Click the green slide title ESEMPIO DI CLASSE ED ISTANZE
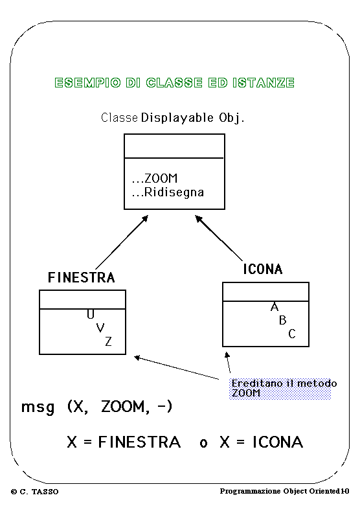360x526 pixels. tap(174, 82)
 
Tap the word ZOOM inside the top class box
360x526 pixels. tap(161, 178)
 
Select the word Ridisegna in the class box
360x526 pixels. tap(174, 192)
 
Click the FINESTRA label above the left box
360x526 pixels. tap(82, 277)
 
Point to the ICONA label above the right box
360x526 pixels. tap(263, 269)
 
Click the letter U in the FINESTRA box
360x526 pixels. tap(91, 314)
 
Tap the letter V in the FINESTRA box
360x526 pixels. tap(100, 327)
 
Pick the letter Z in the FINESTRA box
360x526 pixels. tap(108, 341)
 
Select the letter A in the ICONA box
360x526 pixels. tap(275, 306)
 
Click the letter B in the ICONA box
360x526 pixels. tap(282, 321)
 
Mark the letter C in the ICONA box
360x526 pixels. tap(292, 334)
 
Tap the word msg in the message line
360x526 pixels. tap(38, 407)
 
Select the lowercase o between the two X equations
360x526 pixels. tap(203, 443)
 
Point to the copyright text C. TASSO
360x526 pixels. tap(39, 492)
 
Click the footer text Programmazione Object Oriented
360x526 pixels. tap(280, 491)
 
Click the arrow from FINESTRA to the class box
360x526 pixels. tap(122, 242)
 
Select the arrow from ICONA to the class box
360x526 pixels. tap(219, 238)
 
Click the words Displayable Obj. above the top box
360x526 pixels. tap(193, 118)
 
